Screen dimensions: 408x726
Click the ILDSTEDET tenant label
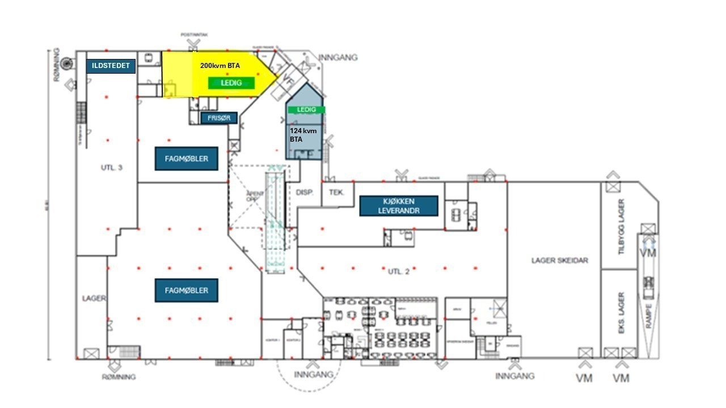tap(111, 66)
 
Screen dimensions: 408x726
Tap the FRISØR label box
tap(219, 118)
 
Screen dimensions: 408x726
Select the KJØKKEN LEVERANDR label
tap(399, 206)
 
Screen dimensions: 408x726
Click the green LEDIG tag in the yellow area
tap(232, 83)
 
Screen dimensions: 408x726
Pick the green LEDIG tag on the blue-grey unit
tap(306, 109)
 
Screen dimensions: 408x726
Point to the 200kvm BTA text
tap(220, 66)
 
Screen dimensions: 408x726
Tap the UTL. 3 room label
tap(112, 167)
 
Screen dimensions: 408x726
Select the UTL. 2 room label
tap(399, 271)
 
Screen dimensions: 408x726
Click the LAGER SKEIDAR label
tap(559, 261)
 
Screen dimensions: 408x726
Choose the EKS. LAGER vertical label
tap(621, 312)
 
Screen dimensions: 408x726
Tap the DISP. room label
tap(305, 193)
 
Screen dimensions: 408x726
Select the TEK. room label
tap(337, 193)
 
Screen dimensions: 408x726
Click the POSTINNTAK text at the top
tap(195, 35)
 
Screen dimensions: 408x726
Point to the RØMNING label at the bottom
tap(119, 377)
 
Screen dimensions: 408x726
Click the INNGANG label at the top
tap(338, 58)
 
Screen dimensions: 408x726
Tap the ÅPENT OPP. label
tap(252, 197)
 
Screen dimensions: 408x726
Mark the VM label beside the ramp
tap(648, 253)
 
